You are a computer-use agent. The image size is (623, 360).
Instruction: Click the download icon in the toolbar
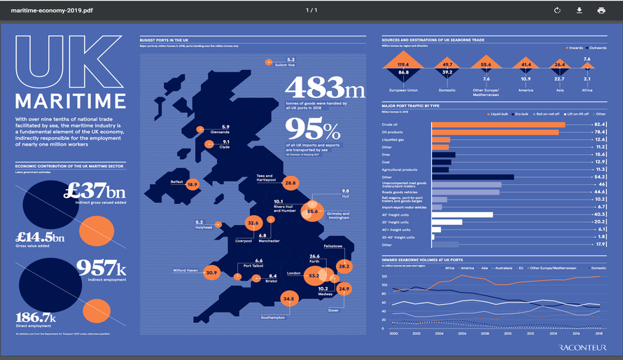pyautogui.click(x=579, y=11)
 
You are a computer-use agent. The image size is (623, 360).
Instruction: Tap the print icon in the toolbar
pyautogui.click(x=601, y=11)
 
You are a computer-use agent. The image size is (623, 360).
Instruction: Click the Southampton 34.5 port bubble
pyautogui.click(x=288, y=298)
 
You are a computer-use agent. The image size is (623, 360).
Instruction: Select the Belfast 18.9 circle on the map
pyautogui.click(x=192, y=184)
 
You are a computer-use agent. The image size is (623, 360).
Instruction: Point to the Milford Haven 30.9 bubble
pyautogui.click(x=212, y=272)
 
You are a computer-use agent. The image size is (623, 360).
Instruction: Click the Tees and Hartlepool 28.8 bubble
pyautogui.click(x=291, y=183)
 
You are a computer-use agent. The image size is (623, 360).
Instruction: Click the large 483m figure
pyautogui.click(x=325, y=88)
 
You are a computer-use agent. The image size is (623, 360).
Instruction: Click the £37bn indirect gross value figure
pyautogui.click(x=94, y=191)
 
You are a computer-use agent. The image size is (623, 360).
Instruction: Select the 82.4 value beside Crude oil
pyautogui.click(x=600, y=123)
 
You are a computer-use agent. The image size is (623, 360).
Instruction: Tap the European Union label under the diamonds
pyautogui.click(x=404, y=90)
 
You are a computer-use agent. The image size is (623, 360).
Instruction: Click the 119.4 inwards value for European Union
pyautogui.click(x=403, y=64)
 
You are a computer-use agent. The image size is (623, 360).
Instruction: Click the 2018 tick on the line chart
pyautogui.click(x=598, y=334)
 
